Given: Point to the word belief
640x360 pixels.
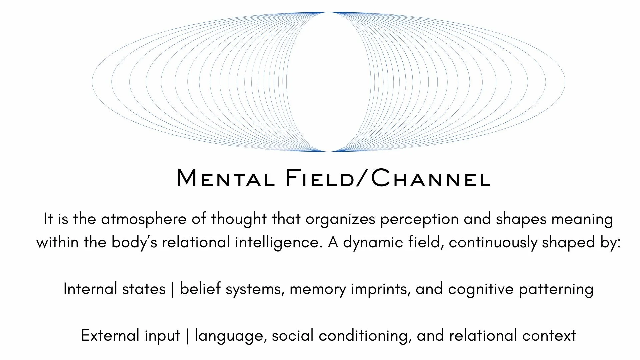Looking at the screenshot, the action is click(x=200, y=289).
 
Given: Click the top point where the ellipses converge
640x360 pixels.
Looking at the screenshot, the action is click(x=328, y=12).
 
